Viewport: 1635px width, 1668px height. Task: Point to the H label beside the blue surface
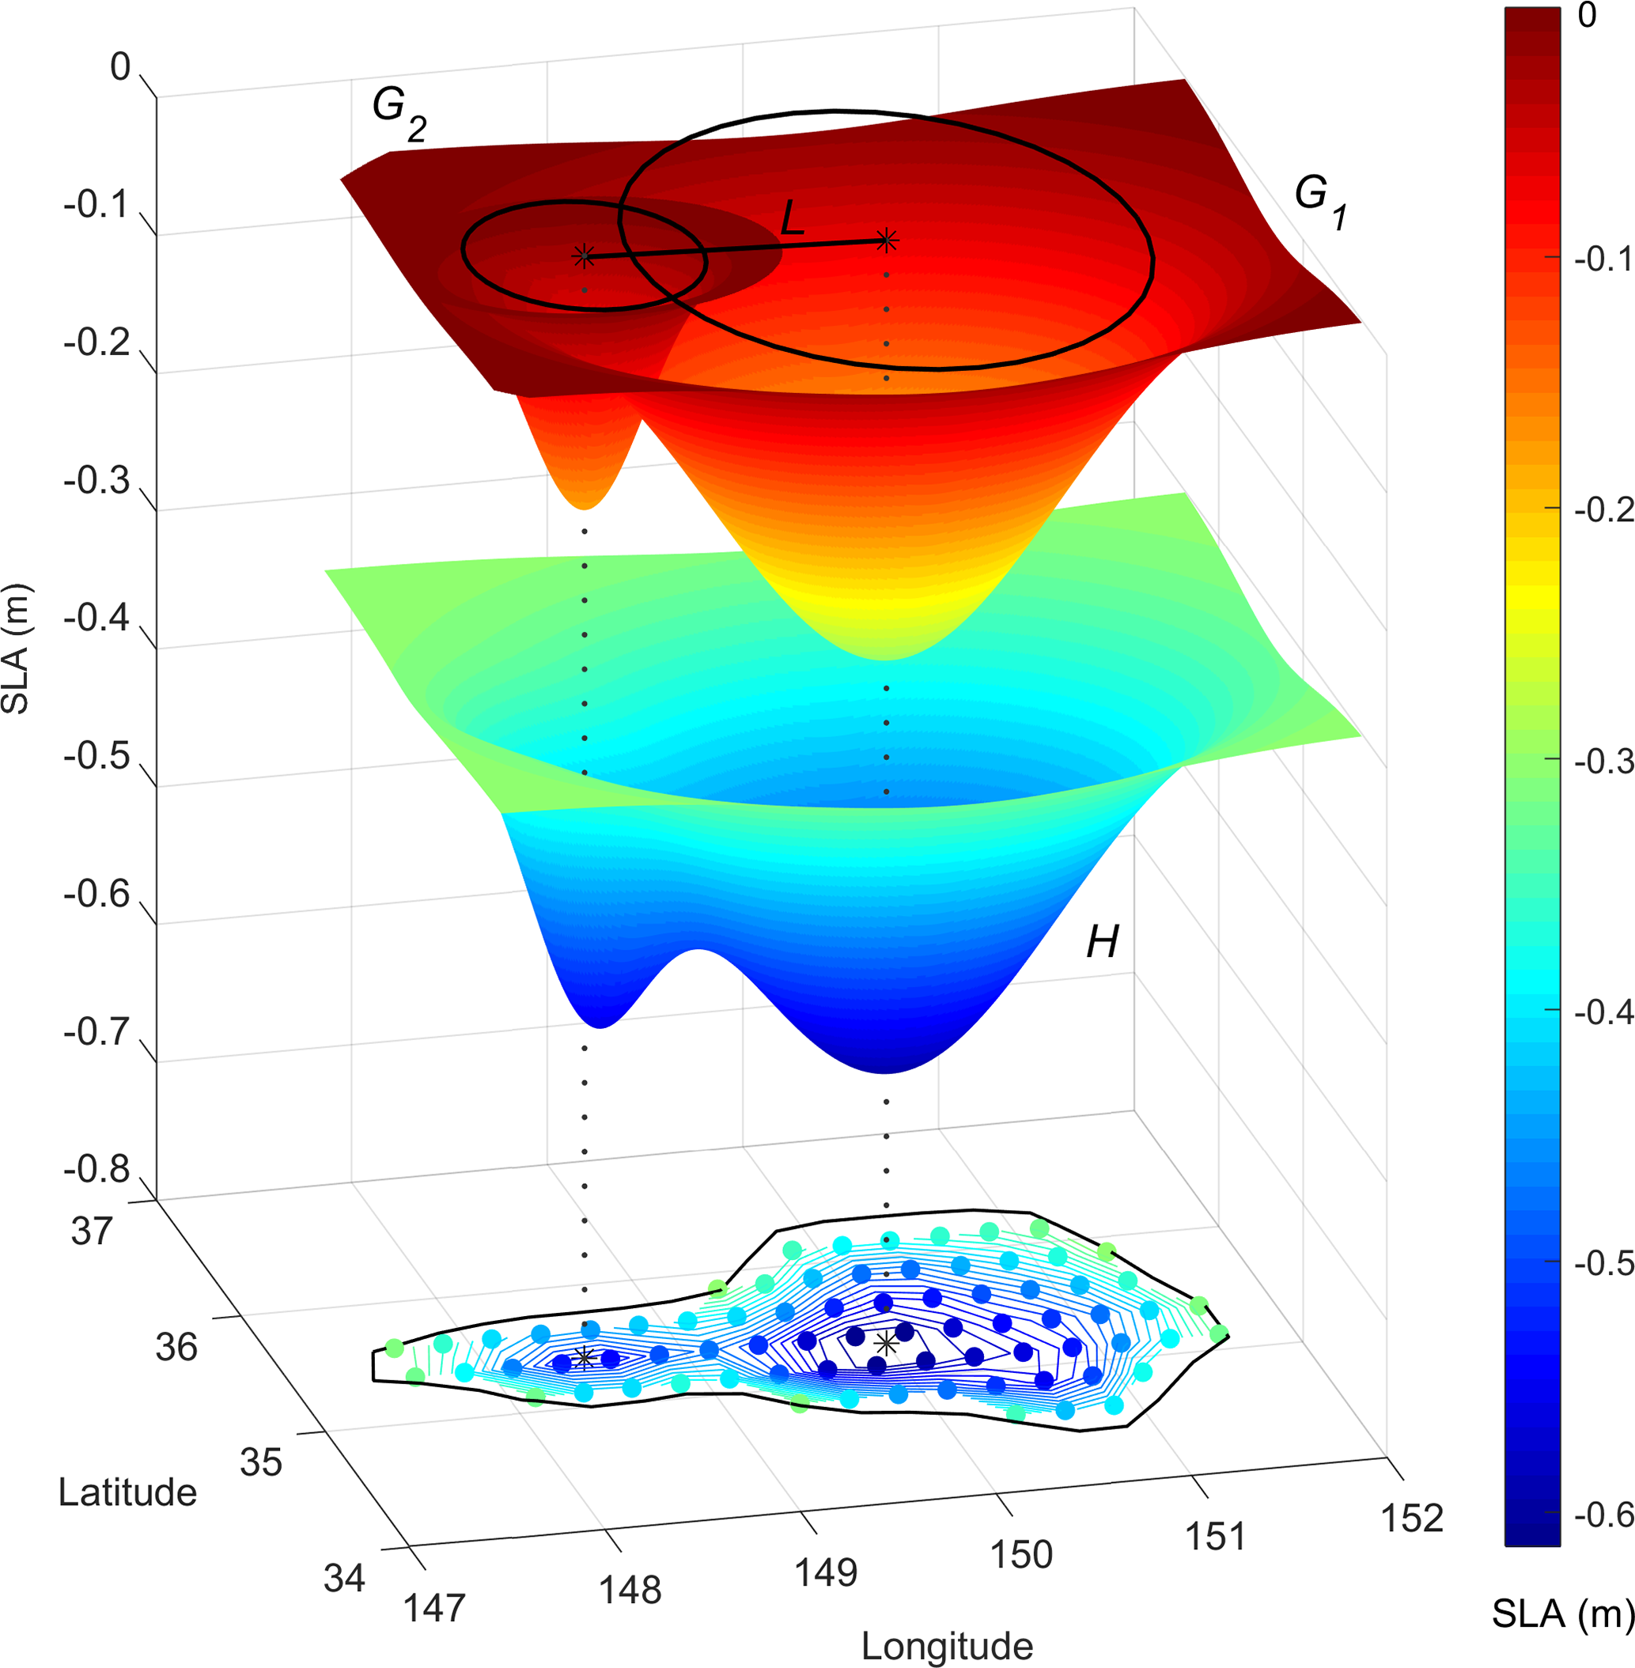coord(1102,943)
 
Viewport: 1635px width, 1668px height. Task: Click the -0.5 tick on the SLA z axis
coord(96,756)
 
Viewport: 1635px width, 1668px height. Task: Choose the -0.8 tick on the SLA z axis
coord(96,1169)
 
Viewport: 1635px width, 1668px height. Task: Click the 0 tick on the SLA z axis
coord(120,67)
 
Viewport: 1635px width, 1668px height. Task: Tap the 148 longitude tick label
coord(630,1590)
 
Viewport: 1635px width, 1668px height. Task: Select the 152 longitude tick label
coord(1412,1519)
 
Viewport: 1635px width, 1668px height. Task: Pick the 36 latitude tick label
coord(176,1347)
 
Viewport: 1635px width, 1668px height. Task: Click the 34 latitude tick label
coord(344,1578)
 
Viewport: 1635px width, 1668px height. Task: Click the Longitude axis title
coord(946,1647)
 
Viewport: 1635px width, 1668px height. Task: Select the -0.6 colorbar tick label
coord(1603,1515)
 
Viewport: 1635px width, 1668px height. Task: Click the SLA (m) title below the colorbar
coord(1561,1614)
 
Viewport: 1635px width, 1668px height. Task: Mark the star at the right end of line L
coord(886,241)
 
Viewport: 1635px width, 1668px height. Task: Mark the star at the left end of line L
coord(584,255)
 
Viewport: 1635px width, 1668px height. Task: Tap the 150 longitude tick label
coord(1021,1555)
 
